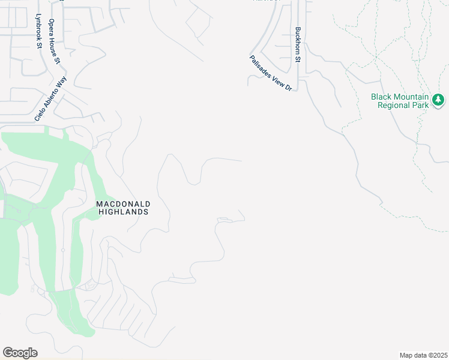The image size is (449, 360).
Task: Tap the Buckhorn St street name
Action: click(297, 44)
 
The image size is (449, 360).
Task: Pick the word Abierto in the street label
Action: click(51, 97)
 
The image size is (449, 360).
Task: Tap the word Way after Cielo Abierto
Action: click(62, 81)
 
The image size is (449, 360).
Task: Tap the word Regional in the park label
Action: click(393, 105)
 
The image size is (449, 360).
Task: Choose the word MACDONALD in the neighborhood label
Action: click(122, 204)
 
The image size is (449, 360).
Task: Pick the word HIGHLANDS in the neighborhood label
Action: click(122, 212)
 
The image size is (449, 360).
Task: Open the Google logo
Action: click(20, 353)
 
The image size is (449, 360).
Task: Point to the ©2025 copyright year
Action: click(438, 355)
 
